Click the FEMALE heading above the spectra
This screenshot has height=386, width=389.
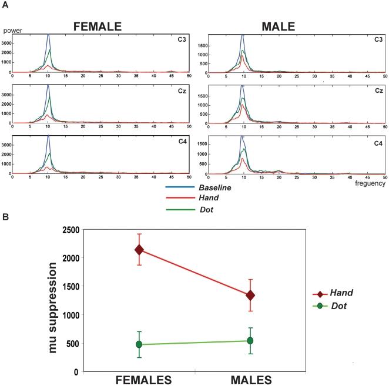point(97,26)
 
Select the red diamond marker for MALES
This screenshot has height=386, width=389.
point(250,295)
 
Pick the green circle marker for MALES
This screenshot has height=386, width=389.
point(250,340)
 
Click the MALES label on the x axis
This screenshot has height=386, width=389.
point(250,380)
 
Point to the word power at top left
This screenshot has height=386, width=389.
point(12,30)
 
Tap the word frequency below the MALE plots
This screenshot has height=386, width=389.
point(370,183)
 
